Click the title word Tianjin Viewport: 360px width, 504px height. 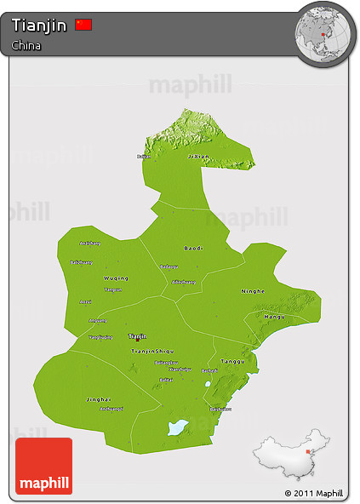[39, 26]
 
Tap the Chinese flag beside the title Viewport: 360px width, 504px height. [83, 25]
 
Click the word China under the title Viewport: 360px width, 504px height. [27, 46]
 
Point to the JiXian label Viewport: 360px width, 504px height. [197, 157]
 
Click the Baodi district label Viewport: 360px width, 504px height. [194, 248]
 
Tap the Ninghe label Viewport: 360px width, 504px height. [253, 291]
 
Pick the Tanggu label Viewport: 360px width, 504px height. [232, 361]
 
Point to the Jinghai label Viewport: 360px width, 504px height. [99, 398]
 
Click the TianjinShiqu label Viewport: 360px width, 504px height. [152, 351]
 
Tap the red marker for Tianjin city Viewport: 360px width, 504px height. [137, 340]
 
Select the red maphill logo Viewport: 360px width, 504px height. [43, 466]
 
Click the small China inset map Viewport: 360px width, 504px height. [289, 461]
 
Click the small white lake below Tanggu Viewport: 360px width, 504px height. [208, 384]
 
